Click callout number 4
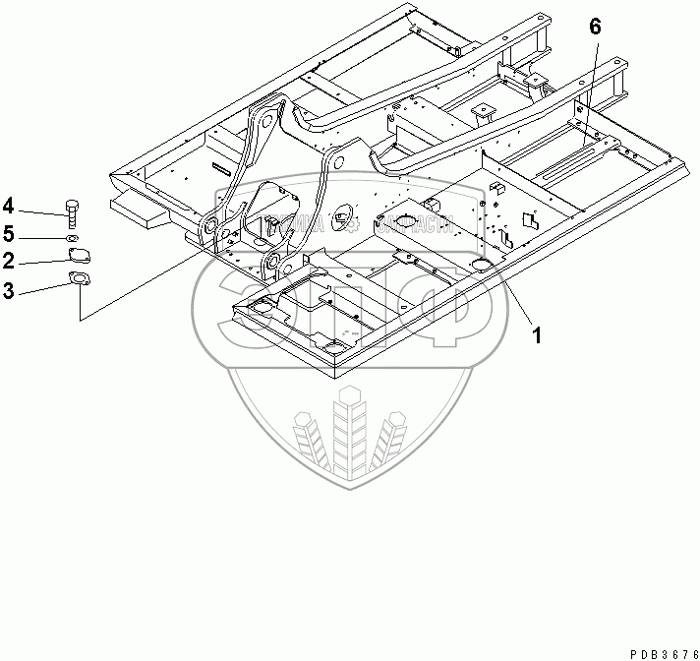9,206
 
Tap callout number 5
9,234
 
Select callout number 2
9,261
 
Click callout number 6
595,27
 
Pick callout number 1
537,334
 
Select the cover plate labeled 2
78,257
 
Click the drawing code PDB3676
654,650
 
